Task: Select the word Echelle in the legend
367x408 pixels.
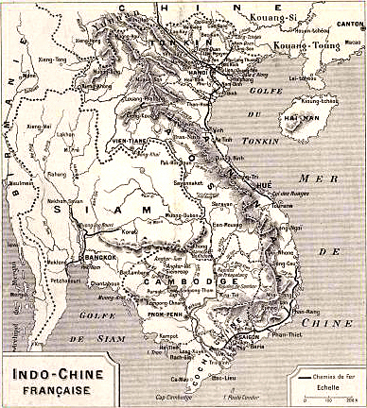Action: [x=327, y=384]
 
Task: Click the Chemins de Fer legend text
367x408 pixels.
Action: [x=336, y=376]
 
